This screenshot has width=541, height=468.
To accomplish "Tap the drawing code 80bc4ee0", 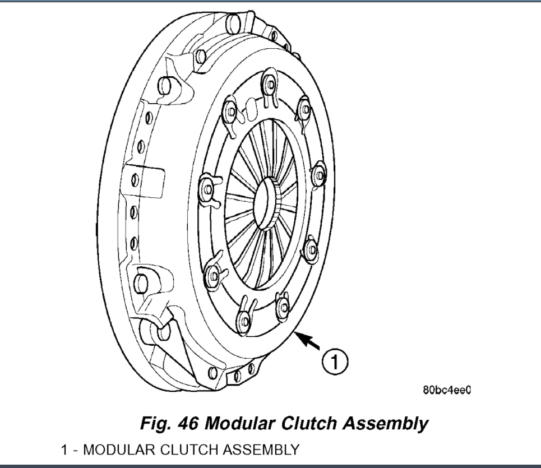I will (x=446, y=390).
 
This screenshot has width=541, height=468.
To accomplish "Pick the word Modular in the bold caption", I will (x=240, y=423).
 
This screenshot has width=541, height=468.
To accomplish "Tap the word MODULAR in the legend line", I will (x=117, y=449).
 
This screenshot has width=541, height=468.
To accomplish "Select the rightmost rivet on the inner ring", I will (x=320, y=175).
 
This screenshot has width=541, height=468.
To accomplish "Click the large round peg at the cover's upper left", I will (x=165, y=85).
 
